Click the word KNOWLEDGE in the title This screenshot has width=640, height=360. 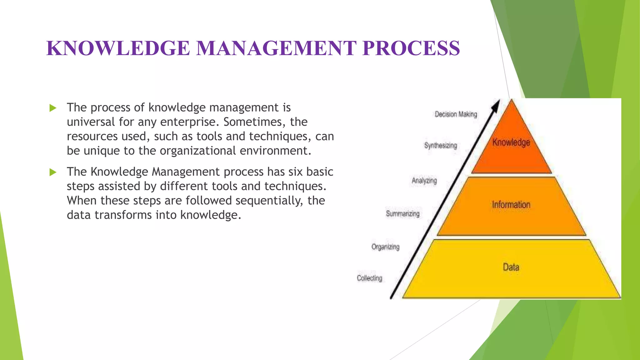[118, 48]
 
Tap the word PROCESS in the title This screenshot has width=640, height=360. [411, 48]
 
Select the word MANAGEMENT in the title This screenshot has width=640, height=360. [276, 48]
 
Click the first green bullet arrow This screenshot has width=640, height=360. [53, 108]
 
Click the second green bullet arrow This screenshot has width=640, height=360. [53, 172]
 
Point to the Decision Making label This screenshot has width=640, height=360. [456, 114]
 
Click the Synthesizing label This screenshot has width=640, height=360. [440, 146]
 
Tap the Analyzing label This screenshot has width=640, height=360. [424, 181]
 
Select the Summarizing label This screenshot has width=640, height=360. [402, 214]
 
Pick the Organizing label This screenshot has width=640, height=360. [385, 247]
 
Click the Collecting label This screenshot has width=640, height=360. [369, 278]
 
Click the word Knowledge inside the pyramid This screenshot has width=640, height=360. [511, 142]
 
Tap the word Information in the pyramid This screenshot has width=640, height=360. [511, 205]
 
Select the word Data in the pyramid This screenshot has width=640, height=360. [511, 267]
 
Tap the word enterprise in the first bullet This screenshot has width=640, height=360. [188, 122]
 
